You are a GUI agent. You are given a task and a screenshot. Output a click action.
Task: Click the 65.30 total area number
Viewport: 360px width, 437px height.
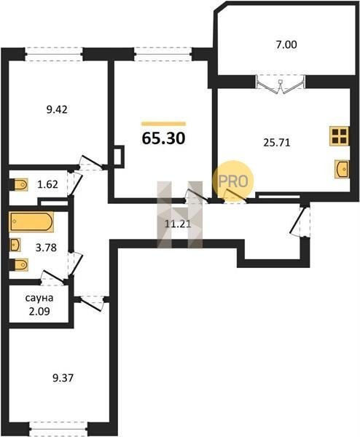pos(163,138)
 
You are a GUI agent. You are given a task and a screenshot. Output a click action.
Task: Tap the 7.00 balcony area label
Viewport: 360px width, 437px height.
pos(286,44)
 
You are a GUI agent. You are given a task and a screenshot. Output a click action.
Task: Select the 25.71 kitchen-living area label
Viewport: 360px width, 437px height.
pos(277,143)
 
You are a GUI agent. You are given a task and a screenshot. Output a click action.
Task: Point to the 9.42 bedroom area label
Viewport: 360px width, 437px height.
pos(57,109)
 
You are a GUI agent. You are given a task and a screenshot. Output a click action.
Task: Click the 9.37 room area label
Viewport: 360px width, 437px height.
pos(63,378)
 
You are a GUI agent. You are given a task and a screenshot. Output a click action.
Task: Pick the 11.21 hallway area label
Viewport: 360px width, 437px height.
pos(178,224)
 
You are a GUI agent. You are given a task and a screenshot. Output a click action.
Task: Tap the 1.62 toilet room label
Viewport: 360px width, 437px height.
pos(48,184)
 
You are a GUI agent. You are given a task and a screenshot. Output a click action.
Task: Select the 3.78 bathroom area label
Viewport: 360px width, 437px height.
pos(47,247)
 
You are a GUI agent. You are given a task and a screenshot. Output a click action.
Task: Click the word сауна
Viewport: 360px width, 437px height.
pos(39,298)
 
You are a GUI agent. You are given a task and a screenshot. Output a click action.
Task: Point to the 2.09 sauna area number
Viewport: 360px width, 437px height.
pos(39,311)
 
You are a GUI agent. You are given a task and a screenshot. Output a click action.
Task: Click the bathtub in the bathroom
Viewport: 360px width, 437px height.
pos(31,222)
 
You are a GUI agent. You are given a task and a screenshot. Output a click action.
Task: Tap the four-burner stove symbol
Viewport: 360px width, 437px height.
pos(339,136)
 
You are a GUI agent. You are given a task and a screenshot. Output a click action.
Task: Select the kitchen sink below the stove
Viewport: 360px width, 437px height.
pos(342,169)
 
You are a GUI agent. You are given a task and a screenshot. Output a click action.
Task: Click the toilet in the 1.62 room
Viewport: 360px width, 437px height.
pos(19,184)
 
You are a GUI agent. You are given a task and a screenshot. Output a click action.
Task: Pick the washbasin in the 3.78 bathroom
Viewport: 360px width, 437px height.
pos(15,245)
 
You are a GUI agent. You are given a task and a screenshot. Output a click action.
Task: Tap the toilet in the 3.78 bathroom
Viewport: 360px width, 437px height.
pos(19,265)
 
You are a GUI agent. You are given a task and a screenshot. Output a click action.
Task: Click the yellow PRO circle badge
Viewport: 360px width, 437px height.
pos(233,181)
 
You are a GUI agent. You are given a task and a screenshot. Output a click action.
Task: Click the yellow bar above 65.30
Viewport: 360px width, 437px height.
pos(164,124)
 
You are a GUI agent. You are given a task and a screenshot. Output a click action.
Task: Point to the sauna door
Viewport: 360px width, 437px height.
pos(52,277)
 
